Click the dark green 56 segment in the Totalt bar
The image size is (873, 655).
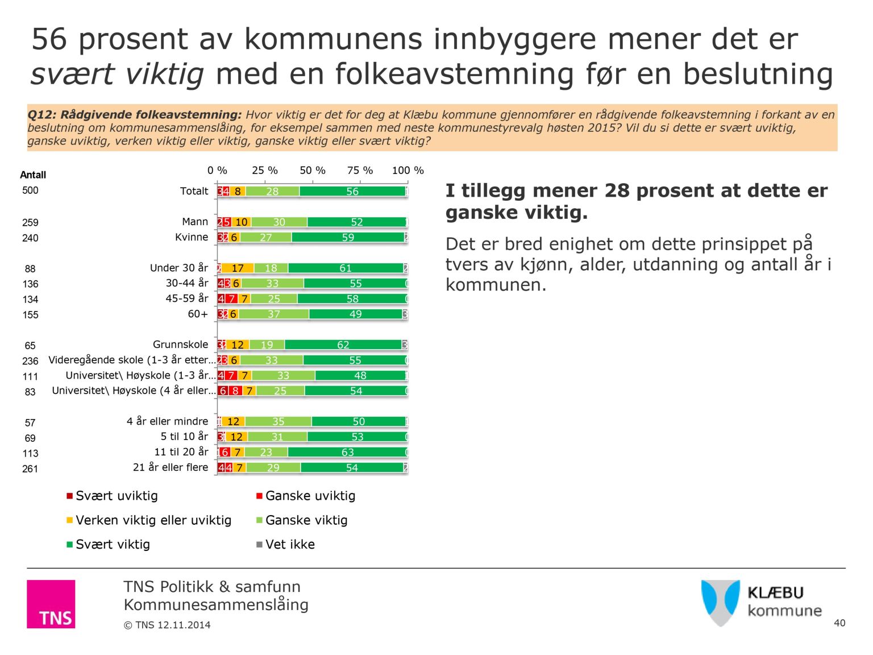click(x=352, y=192)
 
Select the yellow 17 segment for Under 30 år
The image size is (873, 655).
click(x=238, y=268)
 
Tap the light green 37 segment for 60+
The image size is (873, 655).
click(x=274, y=314)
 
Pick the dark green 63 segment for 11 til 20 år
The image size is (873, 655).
click(x=347, y=453)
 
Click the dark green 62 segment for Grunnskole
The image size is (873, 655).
click(x=343, y=345)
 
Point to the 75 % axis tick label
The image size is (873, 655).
click(x=360, y=171)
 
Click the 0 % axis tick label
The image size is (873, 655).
click(x=217, y=171)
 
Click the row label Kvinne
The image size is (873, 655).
click(x=192, y=237)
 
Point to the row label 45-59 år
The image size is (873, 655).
click(x=187, y=299)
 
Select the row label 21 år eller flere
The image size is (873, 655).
click(x=171, y=467)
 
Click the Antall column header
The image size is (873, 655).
click(x=33, y=175)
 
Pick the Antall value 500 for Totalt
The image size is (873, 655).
click(x=30, y=190)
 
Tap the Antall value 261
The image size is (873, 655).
click(x=30, y=469)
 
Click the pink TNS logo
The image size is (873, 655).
click(x=51, y=604)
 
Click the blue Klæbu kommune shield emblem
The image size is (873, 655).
click(x=720, y=602)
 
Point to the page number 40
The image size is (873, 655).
click(x=839, y=623)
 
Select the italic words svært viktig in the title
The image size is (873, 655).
click(x=117, y=74)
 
